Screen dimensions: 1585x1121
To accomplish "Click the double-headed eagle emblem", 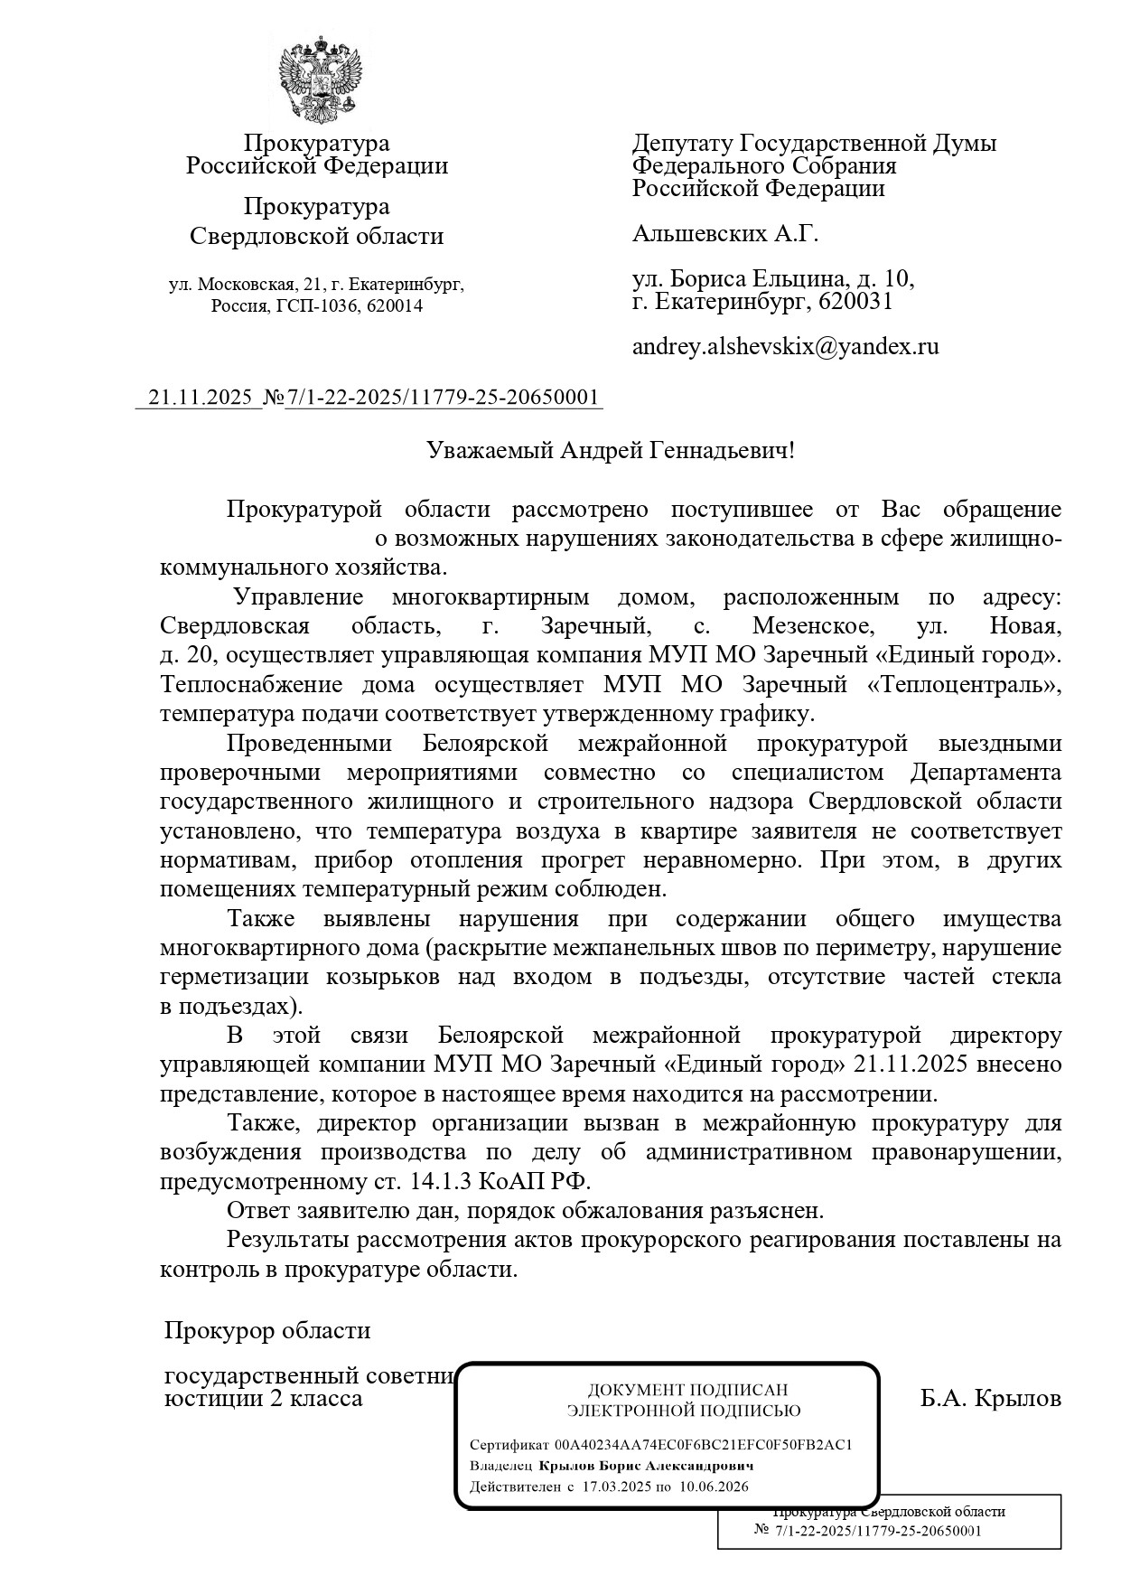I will point(318,80).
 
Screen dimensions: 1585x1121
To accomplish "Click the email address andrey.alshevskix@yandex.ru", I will point(785,346).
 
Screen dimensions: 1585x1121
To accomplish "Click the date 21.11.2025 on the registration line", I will point(199,398).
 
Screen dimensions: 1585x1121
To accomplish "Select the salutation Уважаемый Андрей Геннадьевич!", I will point(611,449).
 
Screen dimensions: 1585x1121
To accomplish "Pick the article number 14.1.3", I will point(439,1181).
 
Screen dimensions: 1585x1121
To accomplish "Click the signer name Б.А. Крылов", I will point(991,1399).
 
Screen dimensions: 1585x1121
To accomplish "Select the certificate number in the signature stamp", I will point(704,1444).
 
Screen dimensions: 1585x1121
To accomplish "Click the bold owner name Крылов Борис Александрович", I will point(646,1466).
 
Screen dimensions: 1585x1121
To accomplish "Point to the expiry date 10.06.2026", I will point(715,1487).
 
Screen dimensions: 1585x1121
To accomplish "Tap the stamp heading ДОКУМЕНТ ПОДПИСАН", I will point(687,1390).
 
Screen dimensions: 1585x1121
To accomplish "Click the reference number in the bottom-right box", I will point(877,1531).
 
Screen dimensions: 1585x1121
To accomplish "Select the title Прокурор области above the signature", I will point(267,1330).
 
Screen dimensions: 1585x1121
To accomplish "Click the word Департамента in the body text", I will point(986,773).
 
